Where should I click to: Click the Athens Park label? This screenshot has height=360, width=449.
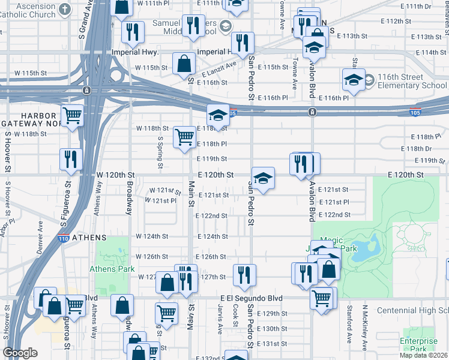point(112,269)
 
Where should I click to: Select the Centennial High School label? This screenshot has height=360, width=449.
point(412,310)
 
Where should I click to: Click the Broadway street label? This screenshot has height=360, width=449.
point(128,196)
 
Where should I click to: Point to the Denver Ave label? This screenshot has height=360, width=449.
point(40,233)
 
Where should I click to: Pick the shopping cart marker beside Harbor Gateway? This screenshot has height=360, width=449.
point(73,115)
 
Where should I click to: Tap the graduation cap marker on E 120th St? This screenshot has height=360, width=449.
point(263,178)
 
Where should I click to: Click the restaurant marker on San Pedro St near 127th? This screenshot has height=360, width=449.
point(244,275)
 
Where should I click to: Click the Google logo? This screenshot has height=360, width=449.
point(20,353)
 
